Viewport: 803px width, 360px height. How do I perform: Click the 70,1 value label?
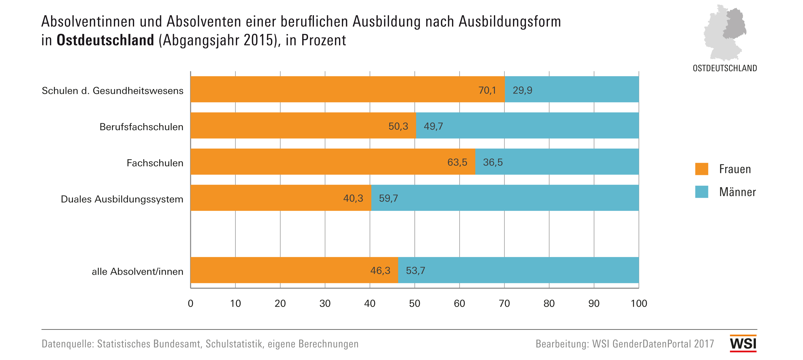click(x=487, y=90)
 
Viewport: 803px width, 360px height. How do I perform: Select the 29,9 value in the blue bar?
click(x=523, y=90)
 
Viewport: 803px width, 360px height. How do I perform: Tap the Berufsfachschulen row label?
click(x=141, y=127)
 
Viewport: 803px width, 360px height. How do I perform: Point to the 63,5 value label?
click(x=457, y=162)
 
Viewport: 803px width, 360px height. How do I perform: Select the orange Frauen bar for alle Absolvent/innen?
click(x=280, y=270)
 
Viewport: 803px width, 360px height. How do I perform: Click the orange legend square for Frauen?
click(x=702, y=169)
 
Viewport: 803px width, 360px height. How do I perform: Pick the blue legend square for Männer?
click(x=702, y=192)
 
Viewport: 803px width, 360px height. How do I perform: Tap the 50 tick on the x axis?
click(x=415, y=303)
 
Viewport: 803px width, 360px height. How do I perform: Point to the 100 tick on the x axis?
click(x=639, y=303)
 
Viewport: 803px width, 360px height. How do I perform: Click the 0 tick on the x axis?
click(x=190, y=303)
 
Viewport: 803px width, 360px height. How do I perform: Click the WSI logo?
click(x=743, y=343)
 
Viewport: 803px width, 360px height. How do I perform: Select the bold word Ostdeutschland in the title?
click(x=105, y=40)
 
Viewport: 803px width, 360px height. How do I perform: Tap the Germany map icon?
click(x=725, y=33)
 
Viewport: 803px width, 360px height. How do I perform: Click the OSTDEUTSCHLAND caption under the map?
click(x=725, y=68)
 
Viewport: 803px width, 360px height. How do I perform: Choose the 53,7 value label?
click(x=415, y=270)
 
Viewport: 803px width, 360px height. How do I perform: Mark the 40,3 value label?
click(x=353, y=198)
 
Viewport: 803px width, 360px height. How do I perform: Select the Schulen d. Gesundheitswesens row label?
click(x=113, y=90)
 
